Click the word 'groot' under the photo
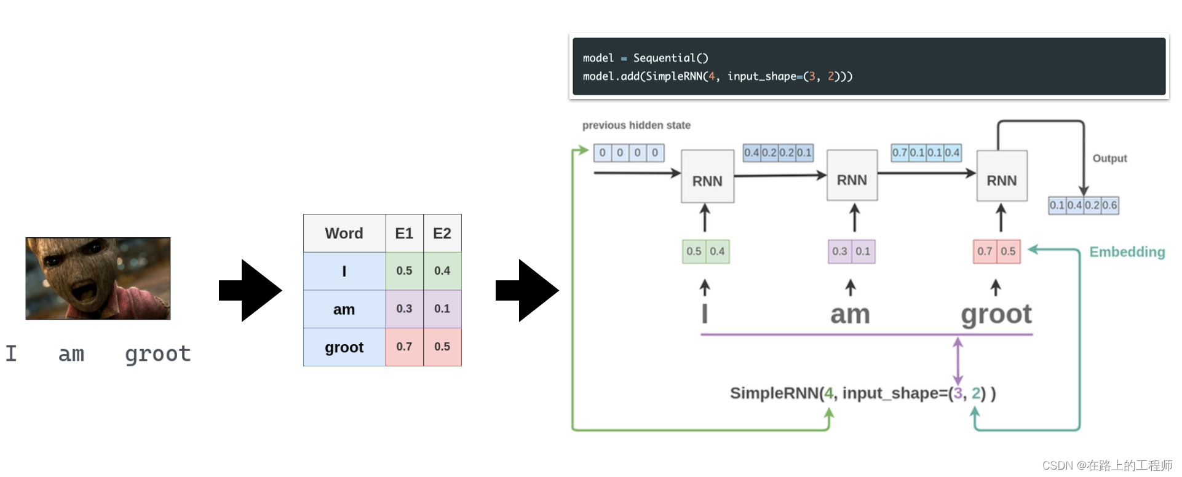coord(157,354)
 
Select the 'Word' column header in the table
coord(344,234)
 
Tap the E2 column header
coord(442,234)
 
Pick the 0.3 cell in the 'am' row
coord(404,309)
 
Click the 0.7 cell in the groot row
coord(404,347)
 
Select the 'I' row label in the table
coord(344,271)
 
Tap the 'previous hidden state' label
coord(636,125)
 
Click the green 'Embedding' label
coord(1127,252)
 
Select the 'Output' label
coord(1109,159)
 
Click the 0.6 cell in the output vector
coord(1109,205)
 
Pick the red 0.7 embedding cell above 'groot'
coord(985,251)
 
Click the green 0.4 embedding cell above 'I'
coord(717,251)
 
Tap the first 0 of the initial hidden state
coord(603,152)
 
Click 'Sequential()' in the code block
coord(670,58)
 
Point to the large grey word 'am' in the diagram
coord(850,315)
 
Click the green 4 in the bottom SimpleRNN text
coord(828,393)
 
